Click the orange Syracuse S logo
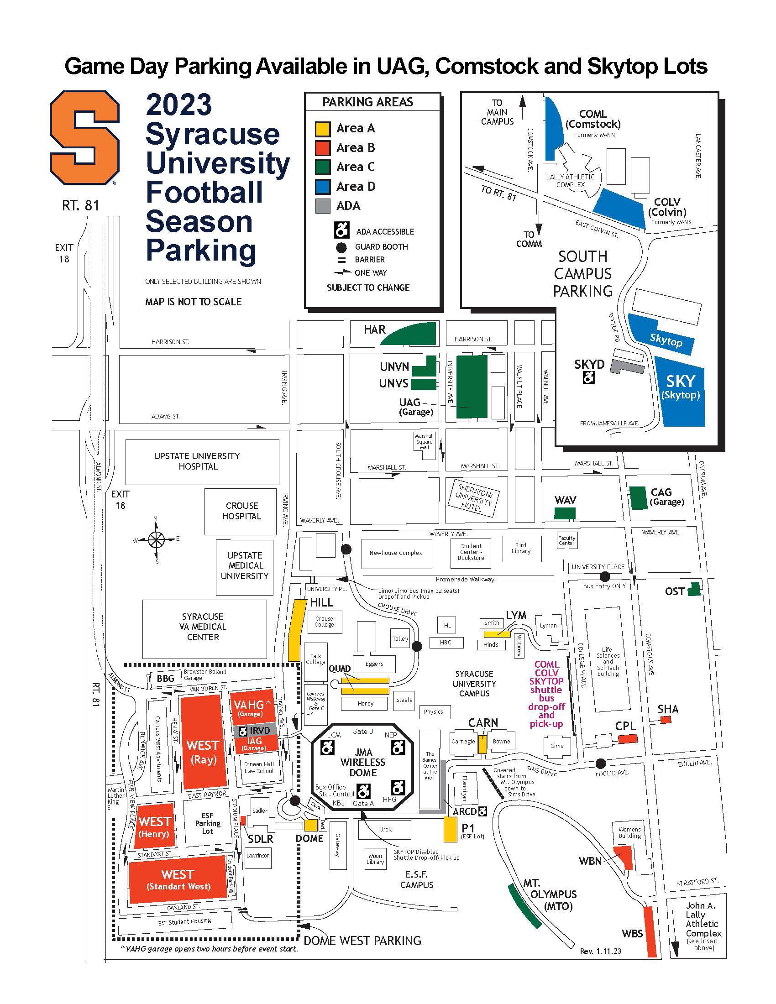pyautogui.click(x=84, y=137)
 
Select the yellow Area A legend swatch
pyautogui.click(x=322, y=129)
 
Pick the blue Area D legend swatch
pyautogui.click(x=322, y=187)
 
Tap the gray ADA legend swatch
pyautogui.click(x=322, y=206)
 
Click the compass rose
pyautogui.click(x=156, y=539)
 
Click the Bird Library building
pyautogui.click(x=521, y=548)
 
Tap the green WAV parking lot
pyautogui.click(x=565, y=513)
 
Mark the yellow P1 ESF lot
pyautogui.click(x=450, y=829)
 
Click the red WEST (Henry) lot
pyautogui.click(x=155, y=825)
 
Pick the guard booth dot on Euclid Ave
pyautogui.click(x=600, y=763)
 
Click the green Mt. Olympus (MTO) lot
pyautogui.click(x=524, y=905)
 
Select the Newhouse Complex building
pyautogui.click(x=396, y=553)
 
